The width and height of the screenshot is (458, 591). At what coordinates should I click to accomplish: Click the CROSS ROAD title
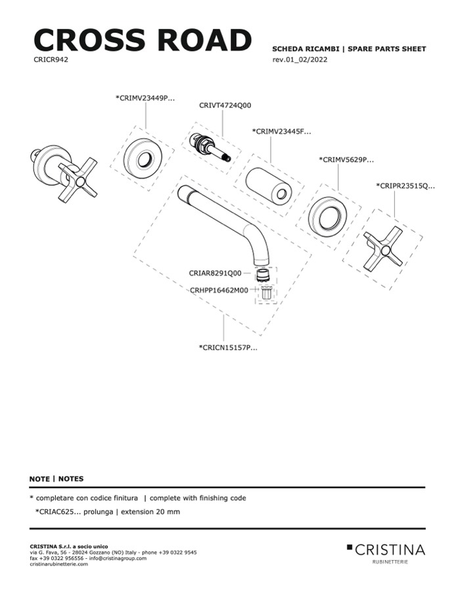pyautogui.click(x=142, y=40)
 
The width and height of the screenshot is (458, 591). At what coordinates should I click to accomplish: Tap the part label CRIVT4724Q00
pyautogui.click(x=225, y=105)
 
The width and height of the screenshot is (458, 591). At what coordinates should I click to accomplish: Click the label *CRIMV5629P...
pyautogui.click(x=346, y=159)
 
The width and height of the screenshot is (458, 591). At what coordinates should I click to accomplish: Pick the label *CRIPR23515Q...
pyautogui.click(x=405, y=186)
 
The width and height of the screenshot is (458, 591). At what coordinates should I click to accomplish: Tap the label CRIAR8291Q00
pyautogui.click(x=215, y=273)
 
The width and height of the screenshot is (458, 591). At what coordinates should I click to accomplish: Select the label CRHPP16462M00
pyautogui.click(x=219, y=290)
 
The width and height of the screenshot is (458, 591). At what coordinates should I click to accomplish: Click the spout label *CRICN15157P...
pyautogui.click(x=228, y=348)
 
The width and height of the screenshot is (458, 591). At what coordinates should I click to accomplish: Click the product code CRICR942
pyautogui.click(x=51, y=59)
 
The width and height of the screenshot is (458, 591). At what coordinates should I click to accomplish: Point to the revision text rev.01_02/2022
pyautogui.click(x=300, y=60)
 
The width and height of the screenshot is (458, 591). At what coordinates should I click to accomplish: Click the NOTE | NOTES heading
pyautogui.click(x=57, y=479)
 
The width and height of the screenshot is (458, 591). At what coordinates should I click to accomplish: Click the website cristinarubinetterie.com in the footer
pyautogui.click(x=58, y=564)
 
